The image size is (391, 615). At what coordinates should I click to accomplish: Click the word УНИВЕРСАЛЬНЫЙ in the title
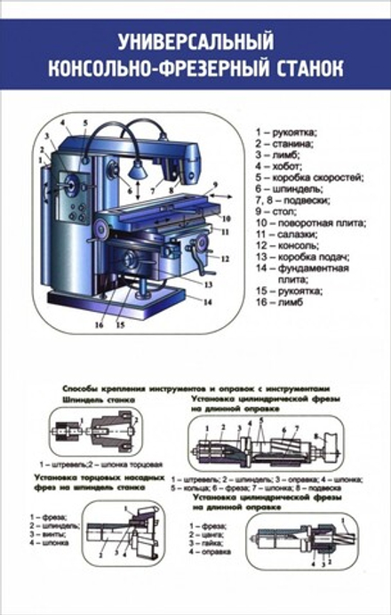[x=195, y=41]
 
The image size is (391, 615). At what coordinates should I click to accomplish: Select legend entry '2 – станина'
[x=283, y=142]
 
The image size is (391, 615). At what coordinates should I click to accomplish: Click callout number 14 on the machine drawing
[x=206, y=302]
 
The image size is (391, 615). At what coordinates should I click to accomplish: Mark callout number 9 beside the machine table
[x=214, y=188]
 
